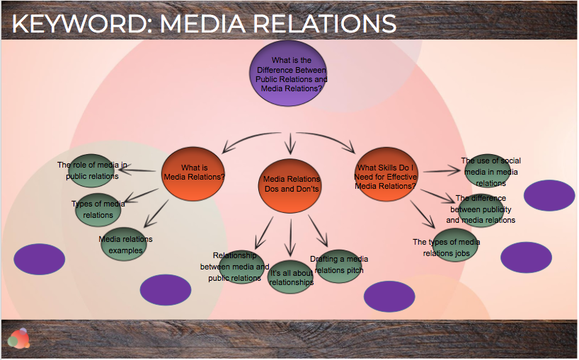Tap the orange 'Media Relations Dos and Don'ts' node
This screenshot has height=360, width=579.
pyautogui.click(x=291, y=185)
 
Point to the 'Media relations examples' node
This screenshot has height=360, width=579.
pyautogui.click(x=126, y=245)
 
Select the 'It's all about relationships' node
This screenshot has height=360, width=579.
pyautogui.click(x=290, y=277)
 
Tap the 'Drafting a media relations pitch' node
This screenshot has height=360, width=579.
pyautogui.click(x=339, y=265)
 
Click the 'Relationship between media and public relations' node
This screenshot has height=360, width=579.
pyautogui.click(x=241, y=267)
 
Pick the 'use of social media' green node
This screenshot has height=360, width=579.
pyautogui.click(x=489, y=171)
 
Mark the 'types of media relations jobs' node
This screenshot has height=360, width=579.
pyautogui.click(x=455, y=245)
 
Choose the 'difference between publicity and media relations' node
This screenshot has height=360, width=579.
pyautogui.click(x=483, y=209)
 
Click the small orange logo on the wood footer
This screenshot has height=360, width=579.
pyautogui.click(x=19, y=338)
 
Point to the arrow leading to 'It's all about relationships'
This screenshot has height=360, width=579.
pyautogui.click(x=289, y=239)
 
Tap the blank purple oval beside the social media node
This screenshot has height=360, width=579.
pyautogui.click(x=549, y=195)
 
